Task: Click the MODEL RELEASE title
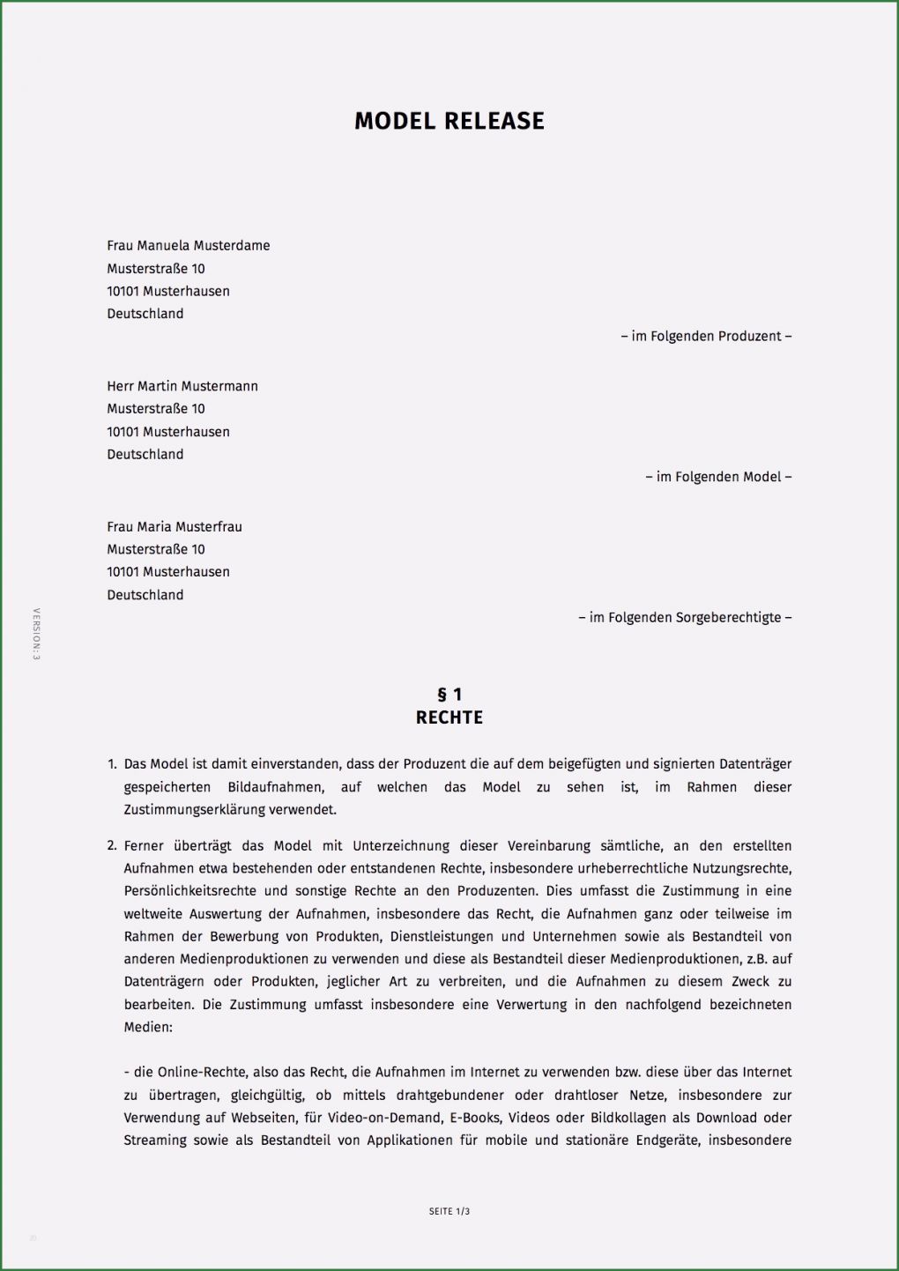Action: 449,121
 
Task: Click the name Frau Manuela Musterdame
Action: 189,246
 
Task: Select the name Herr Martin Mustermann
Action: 182,386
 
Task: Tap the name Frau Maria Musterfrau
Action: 175,527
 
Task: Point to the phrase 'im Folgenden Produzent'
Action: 706,336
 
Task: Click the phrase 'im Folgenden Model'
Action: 718,477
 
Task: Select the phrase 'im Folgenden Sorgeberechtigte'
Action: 685,618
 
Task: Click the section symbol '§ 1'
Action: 449,695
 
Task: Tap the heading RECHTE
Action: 449,717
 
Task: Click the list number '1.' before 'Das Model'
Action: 112,764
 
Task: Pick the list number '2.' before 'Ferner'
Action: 112,846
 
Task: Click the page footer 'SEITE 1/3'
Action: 449,1211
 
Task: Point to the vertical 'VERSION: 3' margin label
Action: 36,634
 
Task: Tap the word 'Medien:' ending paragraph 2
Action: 148,1027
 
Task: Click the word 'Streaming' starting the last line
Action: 156,1141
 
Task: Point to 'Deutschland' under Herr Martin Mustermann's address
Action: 145,455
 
